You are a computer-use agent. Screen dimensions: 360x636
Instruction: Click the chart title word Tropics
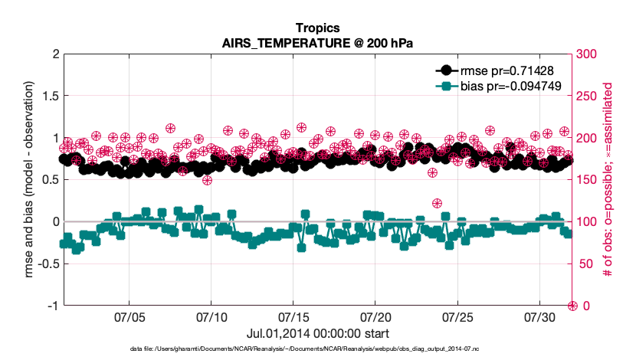pyautogui.click(x=317, y=29)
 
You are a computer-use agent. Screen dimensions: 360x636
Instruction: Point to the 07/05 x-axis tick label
pyautogui.click(x=129, y=317)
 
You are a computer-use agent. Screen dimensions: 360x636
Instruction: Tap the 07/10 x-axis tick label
pyautogui.click(x=211, y=317)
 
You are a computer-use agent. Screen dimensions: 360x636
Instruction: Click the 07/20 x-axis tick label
pyautogui.click(x=375, y=317)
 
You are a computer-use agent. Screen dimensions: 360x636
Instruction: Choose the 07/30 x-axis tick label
pyautogui.click(x=539, y=317)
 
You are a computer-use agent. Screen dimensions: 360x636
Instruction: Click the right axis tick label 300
pyautogui.click(x=587, y=54)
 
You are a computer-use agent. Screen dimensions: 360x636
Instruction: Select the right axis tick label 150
pyautogui.click(x=587, y=180)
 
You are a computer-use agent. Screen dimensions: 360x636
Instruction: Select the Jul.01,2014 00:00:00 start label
pyautogui.click(x=317, y=333)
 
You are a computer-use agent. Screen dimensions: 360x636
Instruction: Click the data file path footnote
pyautogui.click(x=317, y=349)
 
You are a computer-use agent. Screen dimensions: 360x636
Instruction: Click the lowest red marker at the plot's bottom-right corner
pyautogui.click(x=572, y=306)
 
